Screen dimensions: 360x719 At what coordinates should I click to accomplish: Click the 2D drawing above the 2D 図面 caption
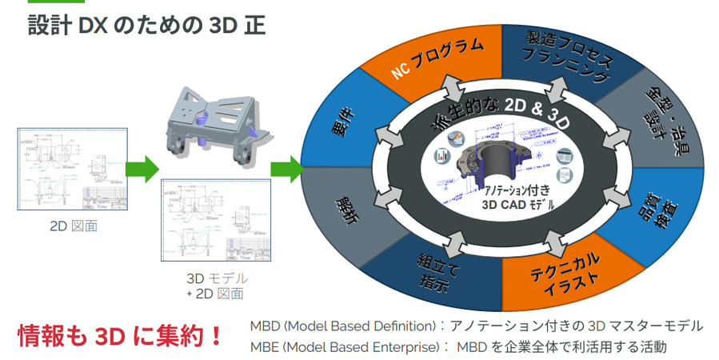(73, 168)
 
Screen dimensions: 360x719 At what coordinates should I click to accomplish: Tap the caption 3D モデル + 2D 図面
(214, 286)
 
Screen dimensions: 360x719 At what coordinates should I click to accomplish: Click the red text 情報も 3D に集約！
(120, 337)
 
